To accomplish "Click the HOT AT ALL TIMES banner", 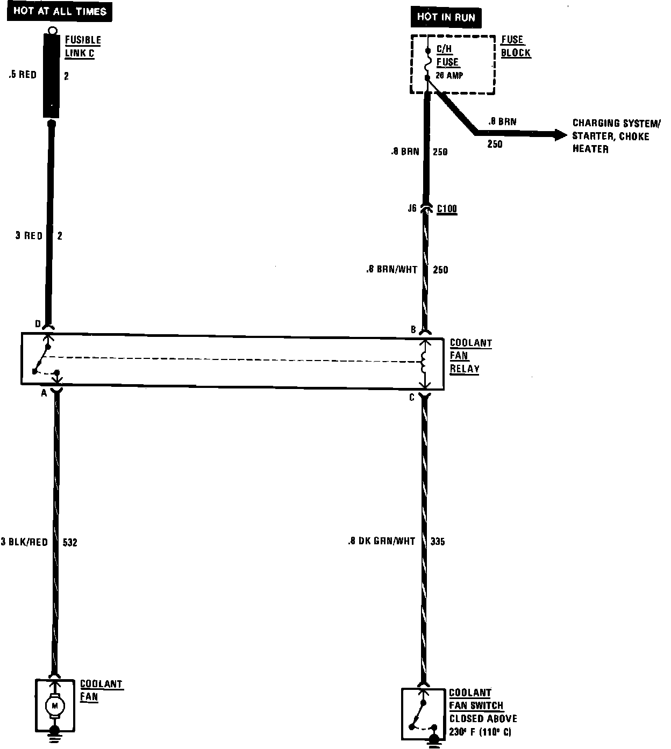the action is (60, 11).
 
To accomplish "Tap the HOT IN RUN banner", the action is (446, 17).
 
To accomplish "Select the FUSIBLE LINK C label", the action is (83, 47).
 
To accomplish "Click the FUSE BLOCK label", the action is (515, 46).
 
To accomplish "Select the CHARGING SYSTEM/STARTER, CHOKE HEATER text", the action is (610, 136).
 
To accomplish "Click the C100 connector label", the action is (446, 208).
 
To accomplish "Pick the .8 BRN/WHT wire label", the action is (391, 270).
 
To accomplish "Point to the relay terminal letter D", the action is (38, 323).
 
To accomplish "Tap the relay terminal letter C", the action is (412, 398).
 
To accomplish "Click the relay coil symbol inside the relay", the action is (424, 363).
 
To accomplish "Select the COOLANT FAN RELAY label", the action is (470, 356).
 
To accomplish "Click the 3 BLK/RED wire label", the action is (24, 542).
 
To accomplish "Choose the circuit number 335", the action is (438, 542).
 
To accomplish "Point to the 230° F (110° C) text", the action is (481, 732).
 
